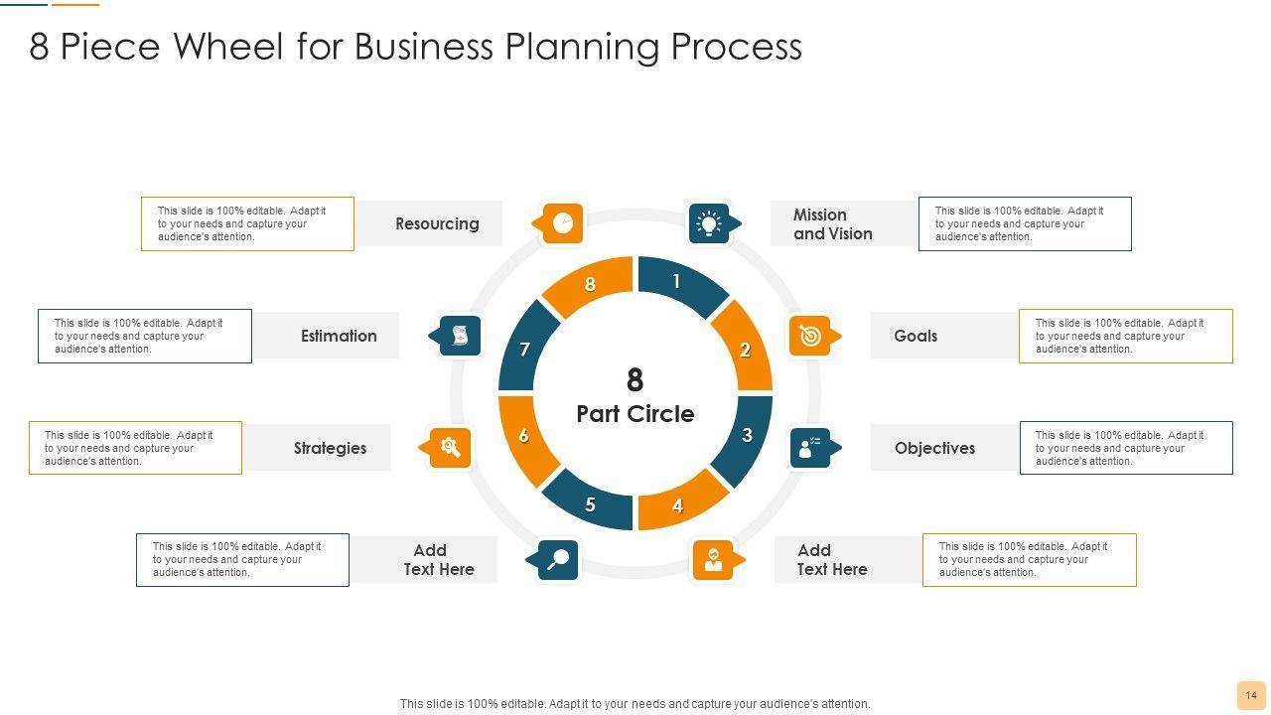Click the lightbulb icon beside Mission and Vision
pyautogui.click(x=709, y=223)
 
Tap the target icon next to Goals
pyautogui.click(x=810, y=336)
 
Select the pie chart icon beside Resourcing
pyautogui.click(x=562, y=223)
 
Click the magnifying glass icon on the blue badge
pyautogui.click(x=558, y=559)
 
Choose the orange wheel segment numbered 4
pyautogui.click(x=680, y=503)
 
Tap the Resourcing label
pyautogui.click(x=437, y=223)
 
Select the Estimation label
pyautogui.click(x=339, y=336)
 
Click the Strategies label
pyautogui.click(x=330, y=448)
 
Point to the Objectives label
pyautogui.click(x=934, y=448)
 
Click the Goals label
pyautogui.click(x=916, y=336)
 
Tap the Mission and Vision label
pyautogui.click(x=832, y=224)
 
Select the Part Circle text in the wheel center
pyautogui.click(x=635, y=414)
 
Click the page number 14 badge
pyautogui.click(x=1251, y=695)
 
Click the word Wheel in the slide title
pyautogui.click(x=234, y=47)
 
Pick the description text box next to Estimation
pyautogui.click(x=145, y=336)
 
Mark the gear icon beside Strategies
pyautogui.click(x=450, y=448)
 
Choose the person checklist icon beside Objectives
pyautogui.click(x=810, y=448)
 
